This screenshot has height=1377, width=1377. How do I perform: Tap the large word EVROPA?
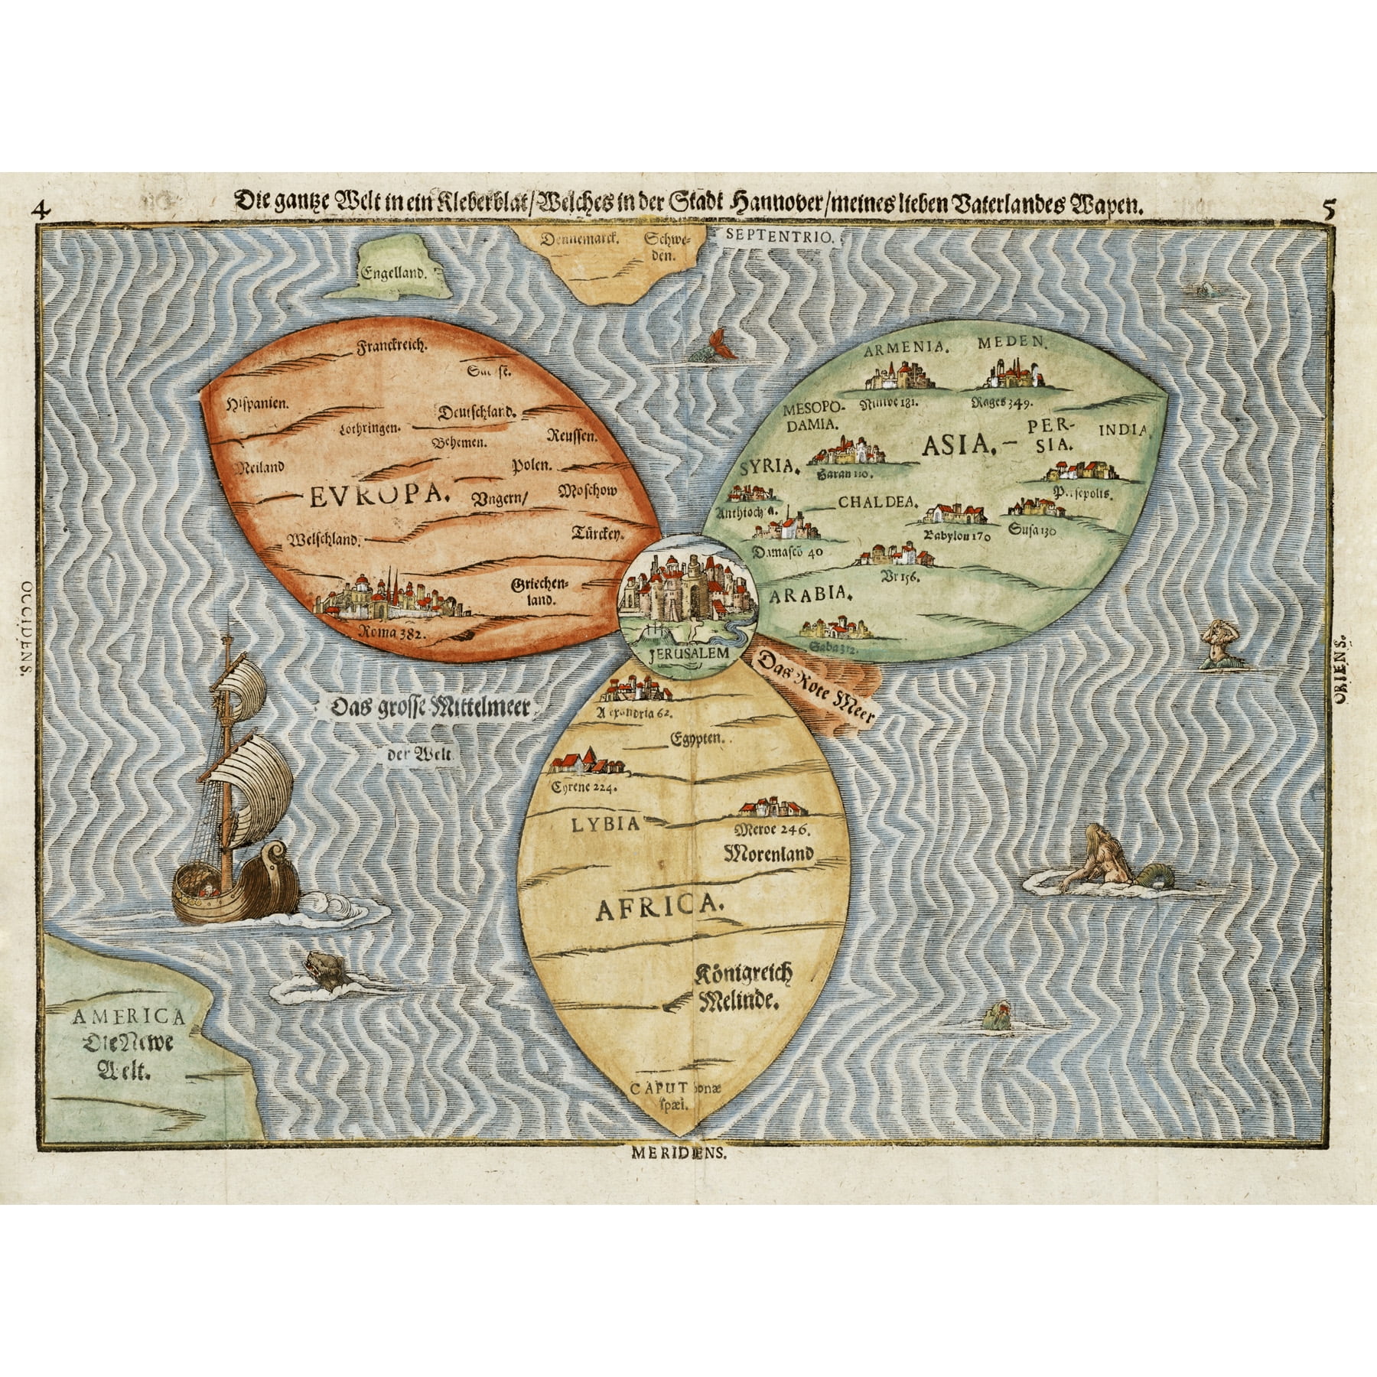click(x=378, y=498)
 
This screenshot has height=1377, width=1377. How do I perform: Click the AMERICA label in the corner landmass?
click(x=128, y=1017)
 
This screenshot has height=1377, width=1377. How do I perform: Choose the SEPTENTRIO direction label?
click(x=776, y=237)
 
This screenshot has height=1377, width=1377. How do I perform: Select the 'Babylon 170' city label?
click(x=957, y=535)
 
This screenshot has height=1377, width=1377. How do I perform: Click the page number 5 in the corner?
click(x=1327, y=207)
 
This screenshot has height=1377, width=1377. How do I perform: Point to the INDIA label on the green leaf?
click(x=1123, y=431)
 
